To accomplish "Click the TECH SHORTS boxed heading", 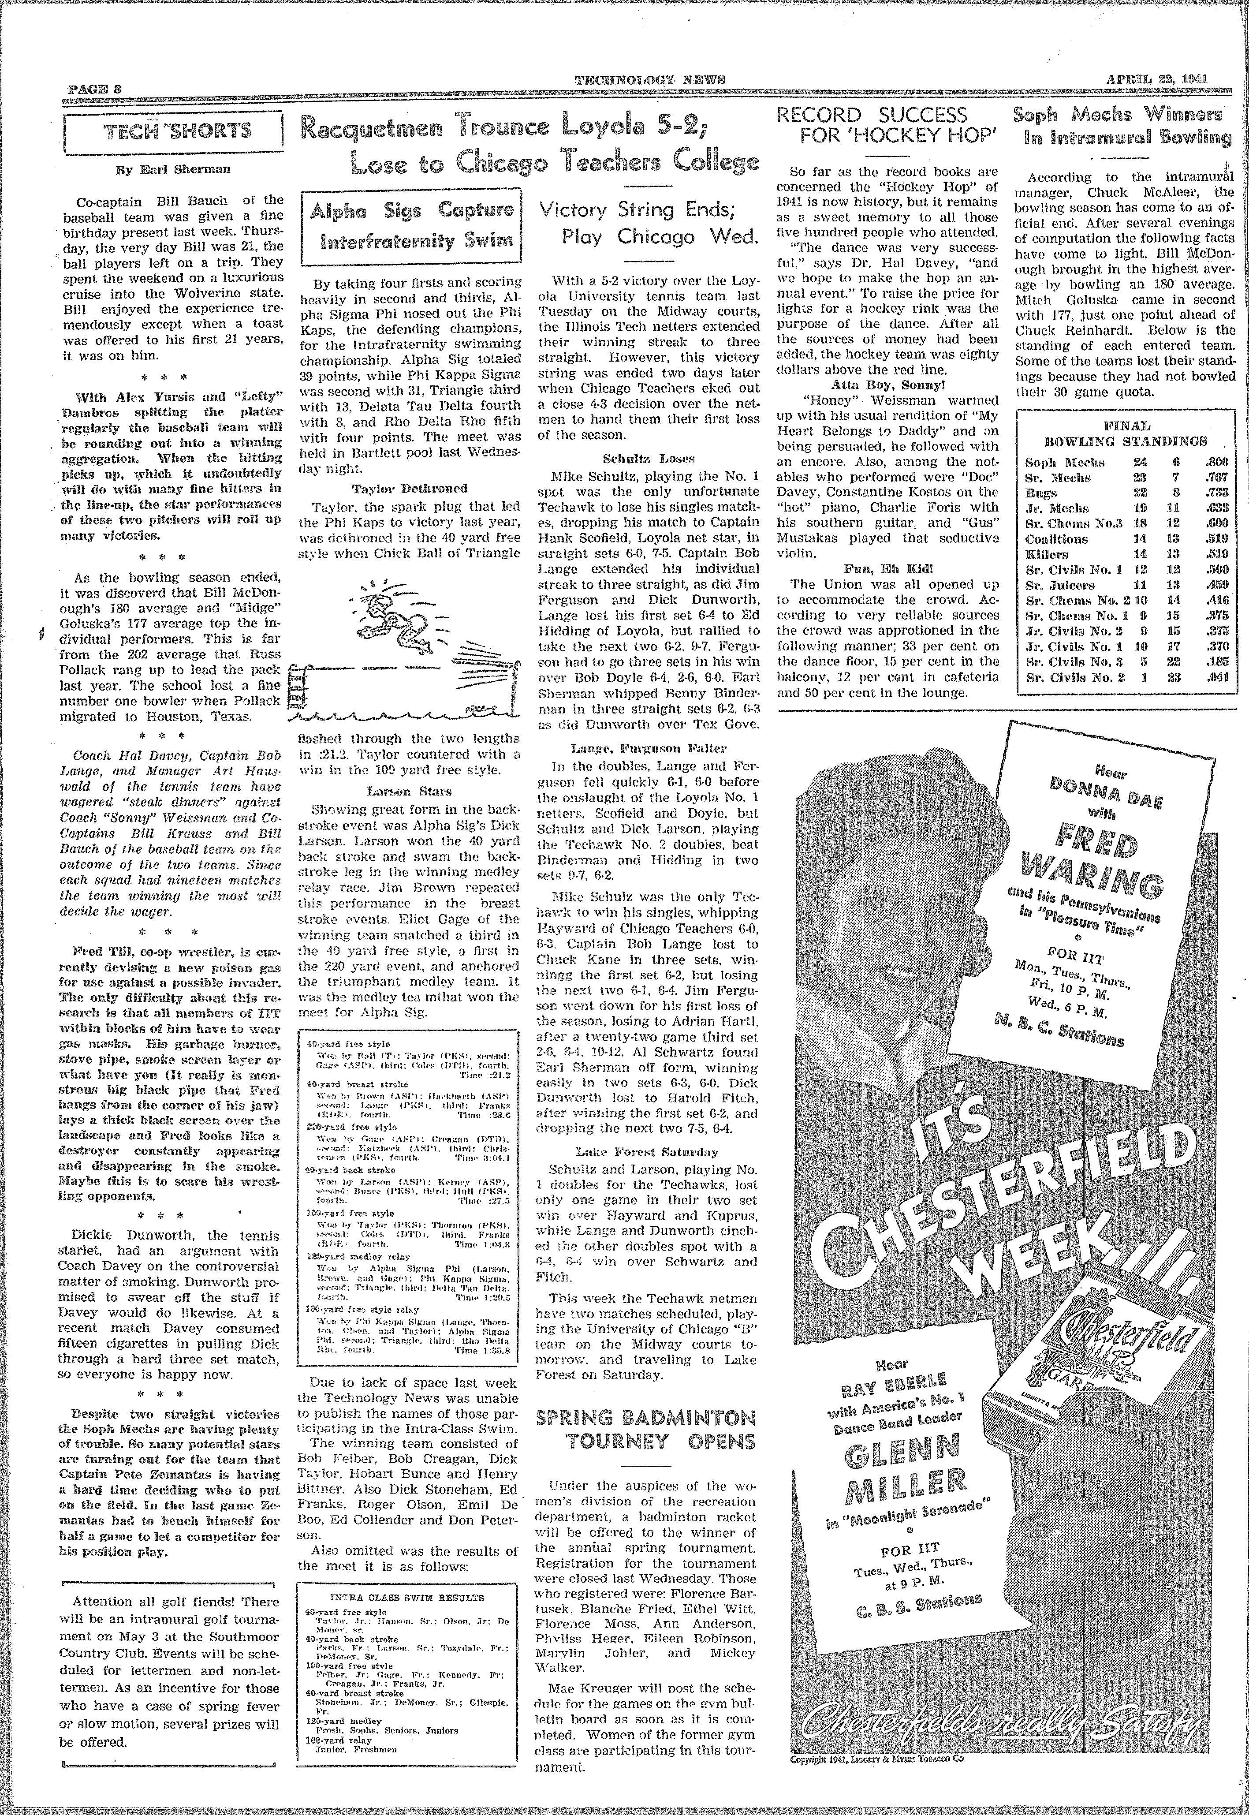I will (172, 130).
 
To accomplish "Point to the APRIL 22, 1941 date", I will (1157, 78).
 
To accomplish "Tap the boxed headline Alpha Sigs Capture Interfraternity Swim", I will (411, 223).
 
